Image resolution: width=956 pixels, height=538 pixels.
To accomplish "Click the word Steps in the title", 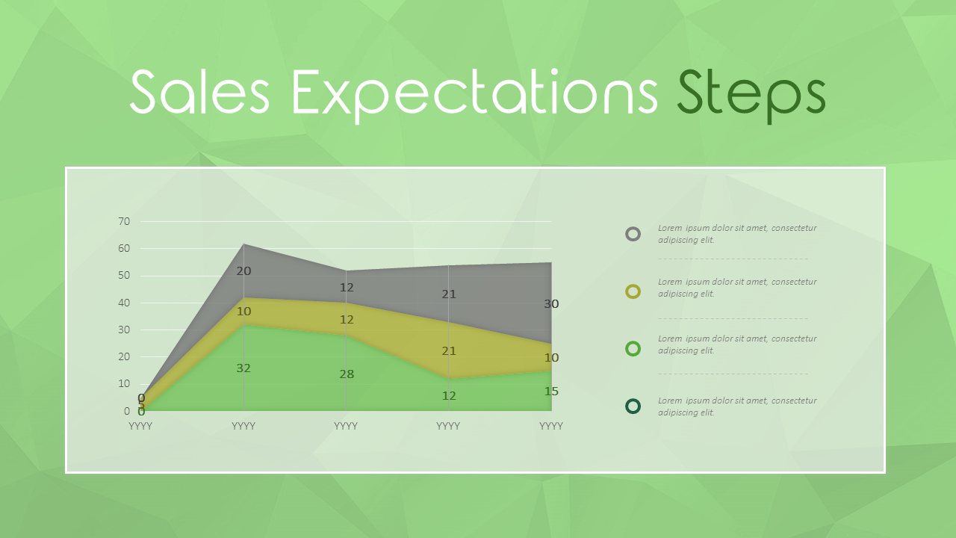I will [x=751, y=93].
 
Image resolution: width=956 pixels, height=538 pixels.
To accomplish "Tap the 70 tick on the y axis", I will [x=124, y=221].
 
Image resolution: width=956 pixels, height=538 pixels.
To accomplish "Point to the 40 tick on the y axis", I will [x=124, y=303].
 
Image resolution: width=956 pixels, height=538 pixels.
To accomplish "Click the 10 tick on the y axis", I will [x=124, y=383].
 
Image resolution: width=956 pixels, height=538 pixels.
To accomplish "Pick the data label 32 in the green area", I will [x=243, y=368].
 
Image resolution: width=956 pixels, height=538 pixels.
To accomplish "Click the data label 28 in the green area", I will [x=347, y=374].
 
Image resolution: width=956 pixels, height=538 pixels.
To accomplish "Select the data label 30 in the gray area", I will [x=551, y=304].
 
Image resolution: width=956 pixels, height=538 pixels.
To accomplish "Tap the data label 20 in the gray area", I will [x=243, y=271].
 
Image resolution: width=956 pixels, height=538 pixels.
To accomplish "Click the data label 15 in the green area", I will [x=551, y=392].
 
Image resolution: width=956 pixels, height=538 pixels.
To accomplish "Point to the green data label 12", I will [x=449, y=396].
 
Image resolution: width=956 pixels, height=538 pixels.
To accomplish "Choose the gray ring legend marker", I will [x=633, y=234].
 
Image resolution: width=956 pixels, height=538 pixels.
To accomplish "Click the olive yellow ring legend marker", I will [x=633, y=291].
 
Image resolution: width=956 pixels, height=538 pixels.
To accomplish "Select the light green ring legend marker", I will [x=633, y=348].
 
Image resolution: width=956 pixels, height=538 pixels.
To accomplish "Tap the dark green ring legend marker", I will [x=633, y=406].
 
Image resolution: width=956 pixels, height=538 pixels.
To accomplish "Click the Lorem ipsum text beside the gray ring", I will [x=736, y=234].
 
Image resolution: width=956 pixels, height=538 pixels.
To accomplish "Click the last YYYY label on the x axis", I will [x=551, y=426].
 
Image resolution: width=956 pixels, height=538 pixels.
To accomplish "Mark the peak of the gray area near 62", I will [x=243, y=244].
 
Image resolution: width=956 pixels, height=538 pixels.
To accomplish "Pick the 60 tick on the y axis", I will [x=124, y=248].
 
